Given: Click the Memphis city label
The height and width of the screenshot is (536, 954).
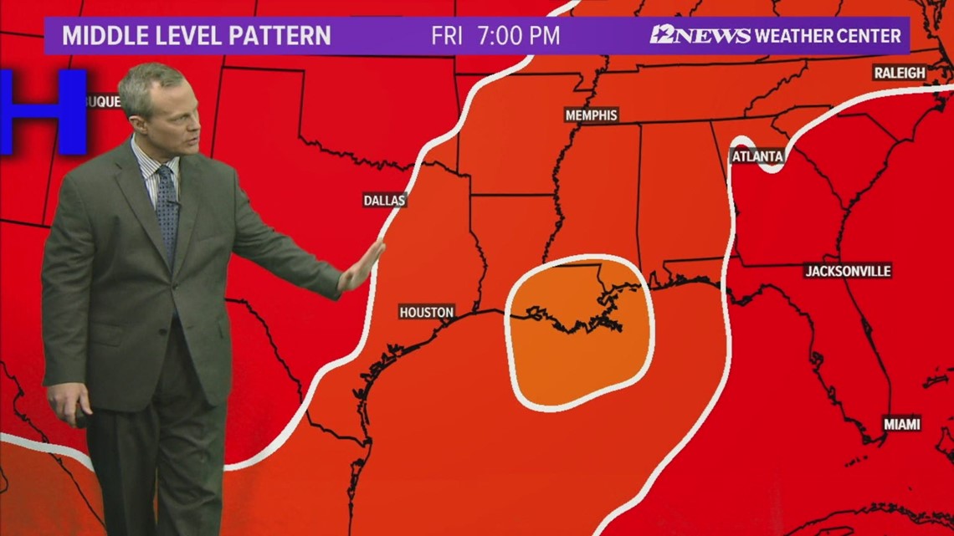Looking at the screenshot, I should [x=591, y=115].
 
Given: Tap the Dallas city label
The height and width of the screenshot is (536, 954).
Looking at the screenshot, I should [x=384, y=200].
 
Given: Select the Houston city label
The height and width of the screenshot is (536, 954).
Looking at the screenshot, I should [x=426, y=312].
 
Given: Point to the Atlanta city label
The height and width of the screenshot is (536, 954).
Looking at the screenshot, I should [x=757, y=156].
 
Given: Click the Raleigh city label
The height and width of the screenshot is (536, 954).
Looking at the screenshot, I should [x=900, y=73].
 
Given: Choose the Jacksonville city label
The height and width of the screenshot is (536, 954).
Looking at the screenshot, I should [x=848, y=271].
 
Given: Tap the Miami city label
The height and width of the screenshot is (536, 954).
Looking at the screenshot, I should [x=901, y=424].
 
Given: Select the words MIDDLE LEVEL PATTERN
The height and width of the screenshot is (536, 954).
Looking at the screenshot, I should [x=197, y=36].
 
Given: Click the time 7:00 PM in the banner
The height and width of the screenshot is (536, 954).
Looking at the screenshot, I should [x=518, y=36].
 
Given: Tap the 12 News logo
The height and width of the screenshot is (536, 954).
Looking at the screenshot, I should [x=700, y=35].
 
